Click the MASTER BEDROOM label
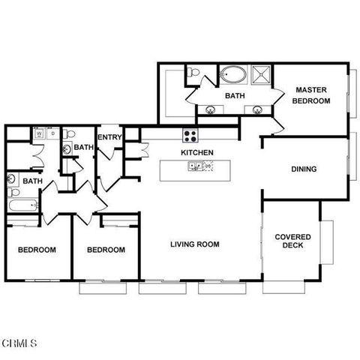(x=313, y=94)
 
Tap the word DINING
(x=304, y=169)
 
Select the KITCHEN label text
(x=197, y=153)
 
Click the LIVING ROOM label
(x=194, y=244)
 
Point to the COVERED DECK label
(x=292, y=241)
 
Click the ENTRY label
(x=109, y=136)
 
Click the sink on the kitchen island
(x=193, y=167)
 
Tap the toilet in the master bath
(x=194, y=73)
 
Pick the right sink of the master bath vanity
(x=258, y=110)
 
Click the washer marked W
(x=38, y=135)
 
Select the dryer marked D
(x=52, y=135)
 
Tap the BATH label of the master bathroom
(x=234, y=96)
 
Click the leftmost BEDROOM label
(x=37, y=250)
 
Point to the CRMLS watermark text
(x=19, y=343)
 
